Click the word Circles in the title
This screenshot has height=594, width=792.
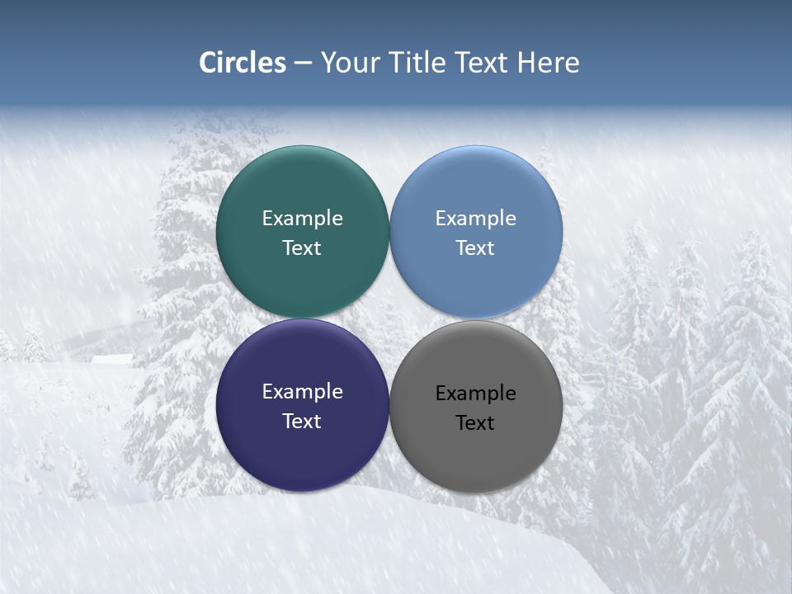coord(242,63)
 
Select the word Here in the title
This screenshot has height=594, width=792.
coord(549,63)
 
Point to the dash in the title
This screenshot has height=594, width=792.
coord(303,64)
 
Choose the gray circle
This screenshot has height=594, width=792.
coord(476,454)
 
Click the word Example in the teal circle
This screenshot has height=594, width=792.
coord(302,218)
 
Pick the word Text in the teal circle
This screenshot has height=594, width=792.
coord(302,247)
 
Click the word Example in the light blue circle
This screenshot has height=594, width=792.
coord(475,218)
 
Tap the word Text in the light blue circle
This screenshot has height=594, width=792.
coord(475,247)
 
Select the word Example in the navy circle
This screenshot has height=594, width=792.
coord(302,391)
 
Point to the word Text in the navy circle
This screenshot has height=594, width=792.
coord(302,421)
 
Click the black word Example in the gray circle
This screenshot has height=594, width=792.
coord(475,393)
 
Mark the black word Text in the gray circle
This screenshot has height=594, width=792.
coord(475,422)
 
